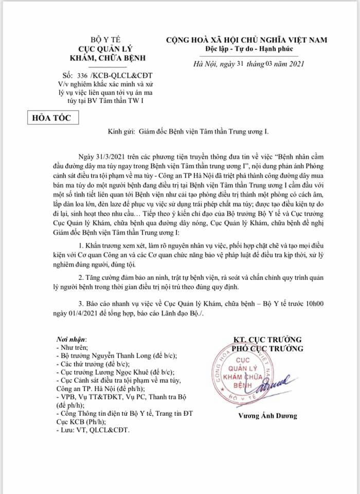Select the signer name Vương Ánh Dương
[x=267, y=416]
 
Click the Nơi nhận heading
[x=71, y=340]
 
